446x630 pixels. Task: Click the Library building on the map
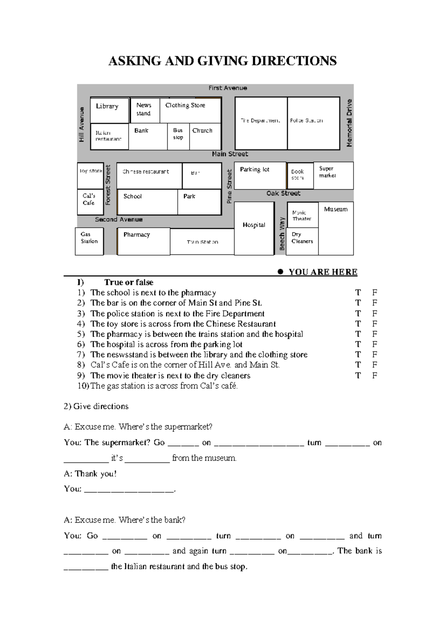109,110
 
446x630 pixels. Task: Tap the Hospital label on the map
254,225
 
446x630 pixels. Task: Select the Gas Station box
89,241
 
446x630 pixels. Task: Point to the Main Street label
230,154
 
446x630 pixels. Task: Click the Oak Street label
283,193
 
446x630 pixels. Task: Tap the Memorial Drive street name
349,123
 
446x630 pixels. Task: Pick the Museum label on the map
336,210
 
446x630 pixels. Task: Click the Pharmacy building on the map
143,241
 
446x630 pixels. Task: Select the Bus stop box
178,137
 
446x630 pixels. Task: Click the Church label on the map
202,131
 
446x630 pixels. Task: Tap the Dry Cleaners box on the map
302,241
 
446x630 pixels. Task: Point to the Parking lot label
255,169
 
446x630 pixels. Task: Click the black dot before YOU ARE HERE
281,272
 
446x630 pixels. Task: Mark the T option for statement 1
358,293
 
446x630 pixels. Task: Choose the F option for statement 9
375,376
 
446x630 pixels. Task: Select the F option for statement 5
375,334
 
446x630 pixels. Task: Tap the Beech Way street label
282,234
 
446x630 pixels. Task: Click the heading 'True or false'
129,282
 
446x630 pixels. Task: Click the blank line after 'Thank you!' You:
129,490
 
